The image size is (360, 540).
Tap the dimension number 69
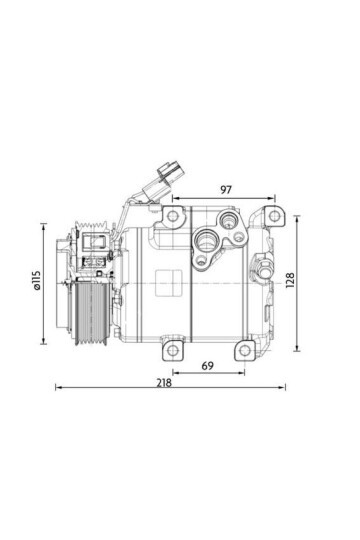[208, 367]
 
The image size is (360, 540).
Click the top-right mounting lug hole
[269, 214]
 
